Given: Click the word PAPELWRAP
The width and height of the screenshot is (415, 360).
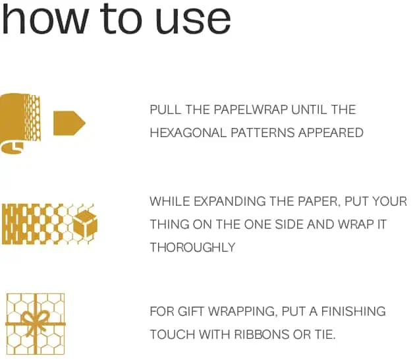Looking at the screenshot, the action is point(250,109).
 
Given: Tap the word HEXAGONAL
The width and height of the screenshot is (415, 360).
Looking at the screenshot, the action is point(188,133).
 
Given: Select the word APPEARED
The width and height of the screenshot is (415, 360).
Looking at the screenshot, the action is point(331,133).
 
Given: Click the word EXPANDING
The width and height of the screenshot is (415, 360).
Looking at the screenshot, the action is point(229,202).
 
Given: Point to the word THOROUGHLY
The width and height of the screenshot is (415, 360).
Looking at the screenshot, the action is point(192,247).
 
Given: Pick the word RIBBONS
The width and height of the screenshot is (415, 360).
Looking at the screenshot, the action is point(262,334).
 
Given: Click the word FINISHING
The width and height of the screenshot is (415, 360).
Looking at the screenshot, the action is point(353,311).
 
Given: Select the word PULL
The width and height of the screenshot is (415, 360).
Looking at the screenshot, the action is point(165,109).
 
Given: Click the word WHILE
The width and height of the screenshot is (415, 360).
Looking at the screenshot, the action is point(170,202).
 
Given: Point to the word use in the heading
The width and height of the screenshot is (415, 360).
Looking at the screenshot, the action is point(192,20).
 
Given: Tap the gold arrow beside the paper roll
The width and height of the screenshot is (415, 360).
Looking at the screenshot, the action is point(69,123).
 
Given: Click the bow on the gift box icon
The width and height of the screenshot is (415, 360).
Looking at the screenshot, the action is point(35,320).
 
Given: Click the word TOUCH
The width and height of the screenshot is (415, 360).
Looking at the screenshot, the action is point(173,334).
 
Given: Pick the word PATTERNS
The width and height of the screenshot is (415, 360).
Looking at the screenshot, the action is point(263,133).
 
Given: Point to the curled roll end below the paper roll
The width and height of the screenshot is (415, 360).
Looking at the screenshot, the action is point(12,147).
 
